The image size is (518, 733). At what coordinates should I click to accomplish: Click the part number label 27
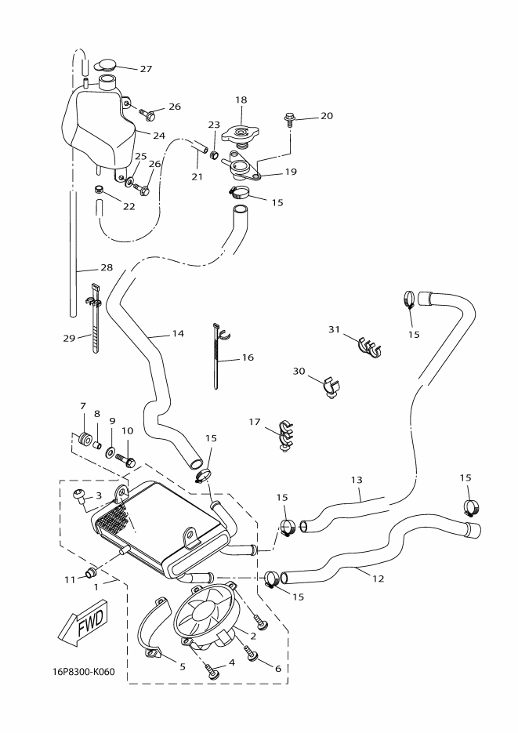point(146,68)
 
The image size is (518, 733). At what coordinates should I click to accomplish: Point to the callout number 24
point(159,135)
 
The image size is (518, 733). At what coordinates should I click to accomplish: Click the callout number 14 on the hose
point(178,334)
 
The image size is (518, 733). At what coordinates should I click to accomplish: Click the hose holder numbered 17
point(284,437)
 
